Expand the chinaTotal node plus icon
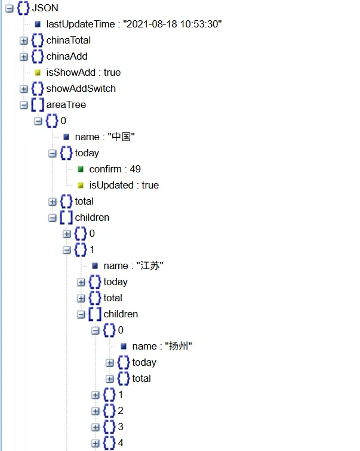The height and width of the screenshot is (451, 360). pos(24,41)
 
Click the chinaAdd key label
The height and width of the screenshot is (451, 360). pos(67,57)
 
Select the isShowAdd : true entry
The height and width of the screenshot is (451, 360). pos(83,73)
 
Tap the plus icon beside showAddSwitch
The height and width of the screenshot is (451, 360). pos(24,89)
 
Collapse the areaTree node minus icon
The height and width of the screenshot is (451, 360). pos(24,105)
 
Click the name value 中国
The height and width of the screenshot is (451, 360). pos(121,137)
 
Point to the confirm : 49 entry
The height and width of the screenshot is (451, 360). pos(115,169)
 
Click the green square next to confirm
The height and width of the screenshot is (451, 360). pos(81,169)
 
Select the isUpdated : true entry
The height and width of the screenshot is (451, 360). pos(124,186)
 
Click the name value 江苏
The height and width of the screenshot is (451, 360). pos(150,266)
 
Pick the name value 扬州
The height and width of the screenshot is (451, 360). pos(179,347)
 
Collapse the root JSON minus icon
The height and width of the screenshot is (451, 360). pos(10,8)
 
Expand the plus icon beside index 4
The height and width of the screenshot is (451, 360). pos(96,443)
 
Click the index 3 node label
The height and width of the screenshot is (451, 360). pos(121,427)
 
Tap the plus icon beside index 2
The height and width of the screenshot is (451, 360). pos(96,411)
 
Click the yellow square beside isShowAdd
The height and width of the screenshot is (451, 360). pos(38,73)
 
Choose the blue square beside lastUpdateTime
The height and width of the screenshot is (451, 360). pos(38,24)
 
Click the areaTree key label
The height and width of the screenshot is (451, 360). pos(66,105)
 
